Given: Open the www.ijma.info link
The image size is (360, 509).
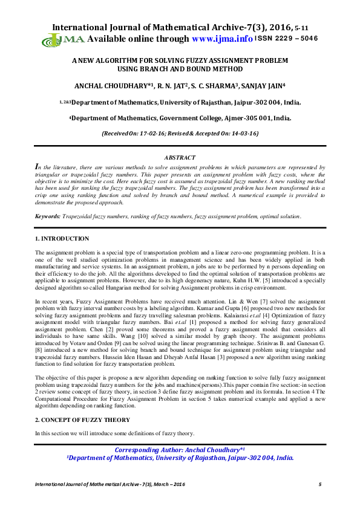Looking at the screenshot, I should tap(221, 39).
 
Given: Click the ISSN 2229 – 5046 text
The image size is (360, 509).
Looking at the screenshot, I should tap(286, 39).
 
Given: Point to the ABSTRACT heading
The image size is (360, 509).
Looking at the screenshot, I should tap(180, 157).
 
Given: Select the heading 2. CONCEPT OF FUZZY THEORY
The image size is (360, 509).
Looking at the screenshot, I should tap(82, 419).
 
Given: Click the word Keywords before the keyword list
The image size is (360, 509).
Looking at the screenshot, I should tap(47, 216).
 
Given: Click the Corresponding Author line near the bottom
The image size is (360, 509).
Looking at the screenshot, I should tap(180, 450).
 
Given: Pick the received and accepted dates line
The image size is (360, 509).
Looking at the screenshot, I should tap(180, 132).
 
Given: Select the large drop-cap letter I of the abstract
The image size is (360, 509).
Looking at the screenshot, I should tap(38, 166).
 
